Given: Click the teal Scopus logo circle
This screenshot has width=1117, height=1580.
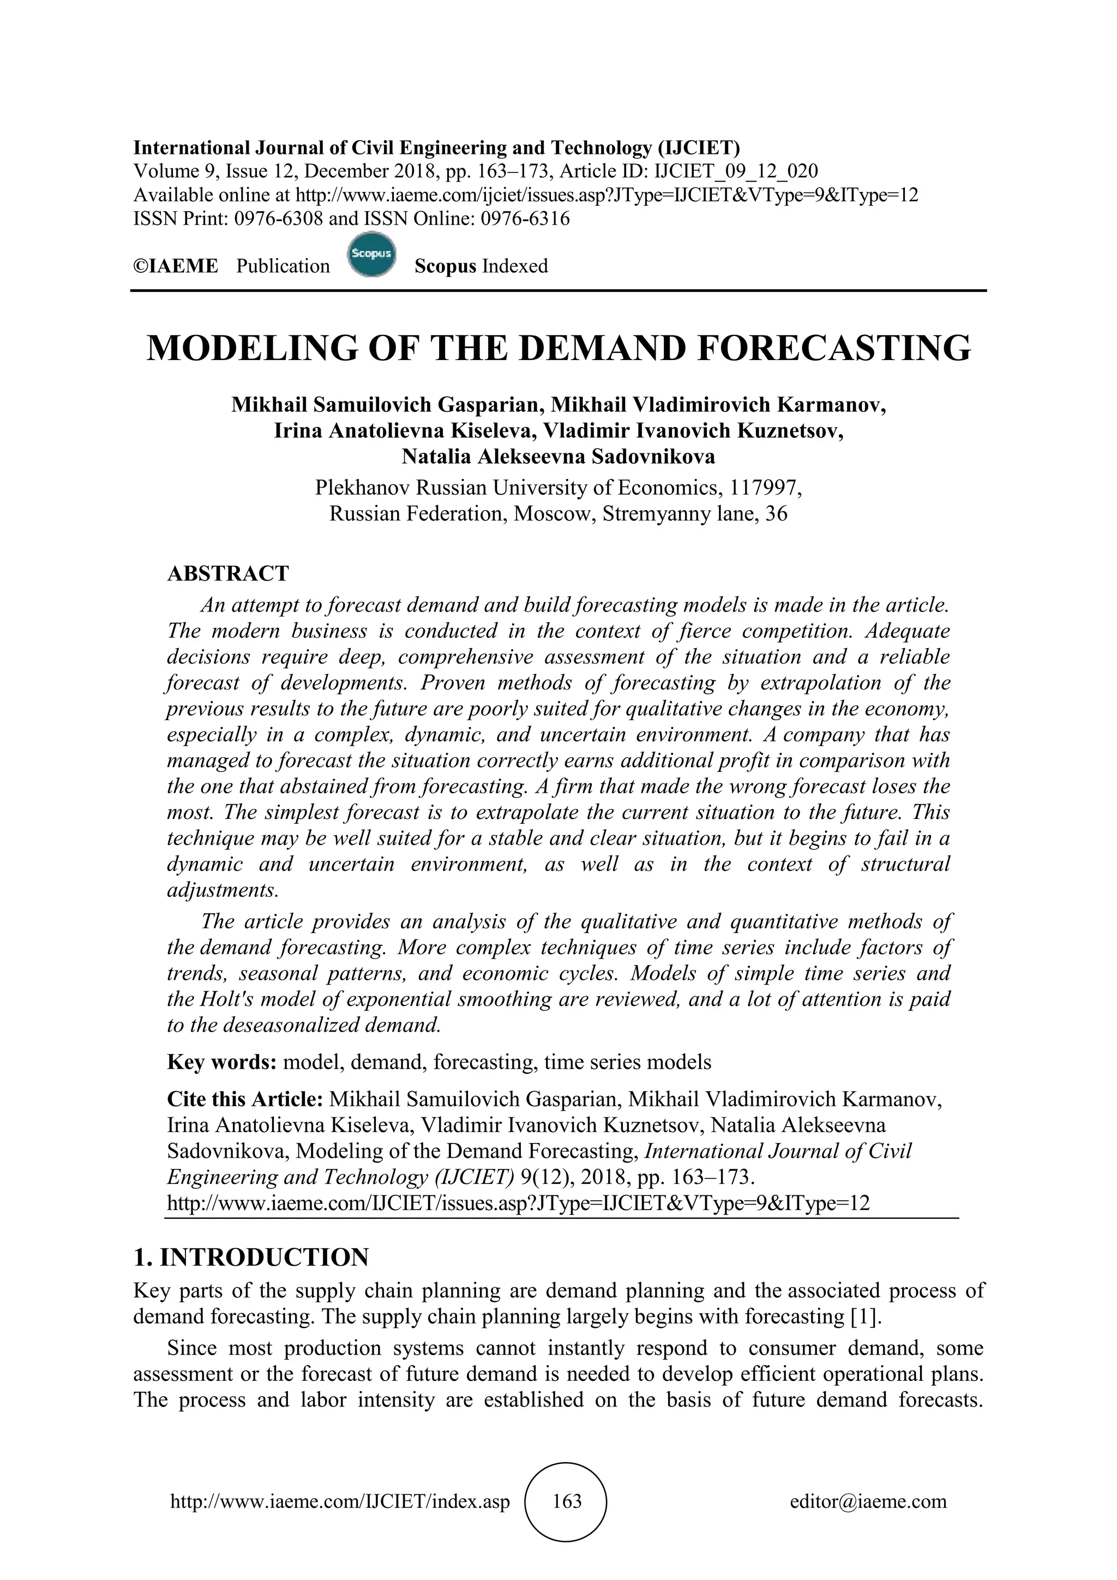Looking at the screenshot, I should click(x=371, y=255).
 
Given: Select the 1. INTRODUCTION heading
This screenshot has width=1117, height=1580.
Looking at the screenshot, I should click(x=251, y=1257).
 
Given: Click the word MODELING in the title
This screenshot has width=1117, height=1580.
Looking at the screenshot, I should click(x=253, y=348).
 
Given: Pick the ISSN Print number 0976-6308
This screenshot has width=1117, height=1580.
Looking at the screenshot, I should click(x=279, y=219).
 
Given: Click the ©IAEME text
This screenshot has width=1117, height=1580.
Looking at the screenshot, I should click(x=176, y=266).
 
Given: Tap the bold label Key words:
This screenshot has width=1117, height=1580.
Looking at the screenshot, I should click(x=221, y=1062).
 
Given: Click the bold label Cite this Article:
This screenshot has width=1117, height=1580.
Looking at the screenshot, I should click(x=245, y=1099).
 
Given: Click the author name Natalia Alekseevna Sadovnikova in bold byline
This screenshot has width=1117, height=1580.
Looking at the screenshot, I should click(x=558, y=456).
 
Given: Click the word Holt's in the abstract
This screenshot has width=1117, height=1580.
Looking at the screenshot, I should click(x=229, y=999).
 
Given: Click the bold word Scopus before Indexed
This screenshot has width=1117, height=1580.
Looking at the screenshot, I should click(x=445, y=266).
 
